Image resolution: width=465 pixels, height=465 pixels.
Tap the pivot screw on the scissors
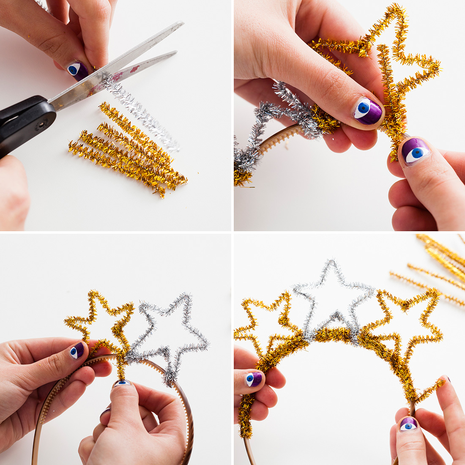pyautogui.click(x=41, y=125)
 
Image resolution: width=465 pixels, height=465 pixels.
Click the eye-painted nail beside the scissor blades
pyautogui.click(x=78, y=70)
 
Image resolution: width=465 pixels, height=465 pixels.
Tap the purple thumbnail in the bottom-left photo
pyautogui.click(x=77, y=350)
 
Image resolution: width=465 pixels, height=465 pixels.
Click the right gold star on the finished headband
pyautogui.click(x=406, y=321)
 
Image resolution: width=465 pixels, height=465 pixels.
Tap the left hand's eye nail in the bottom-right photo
pyautogui.click(x=254, y=379)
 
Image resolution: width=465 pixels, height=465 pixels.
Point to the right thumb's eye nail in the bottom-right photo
pyautogui.click(x=408, y=424)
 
